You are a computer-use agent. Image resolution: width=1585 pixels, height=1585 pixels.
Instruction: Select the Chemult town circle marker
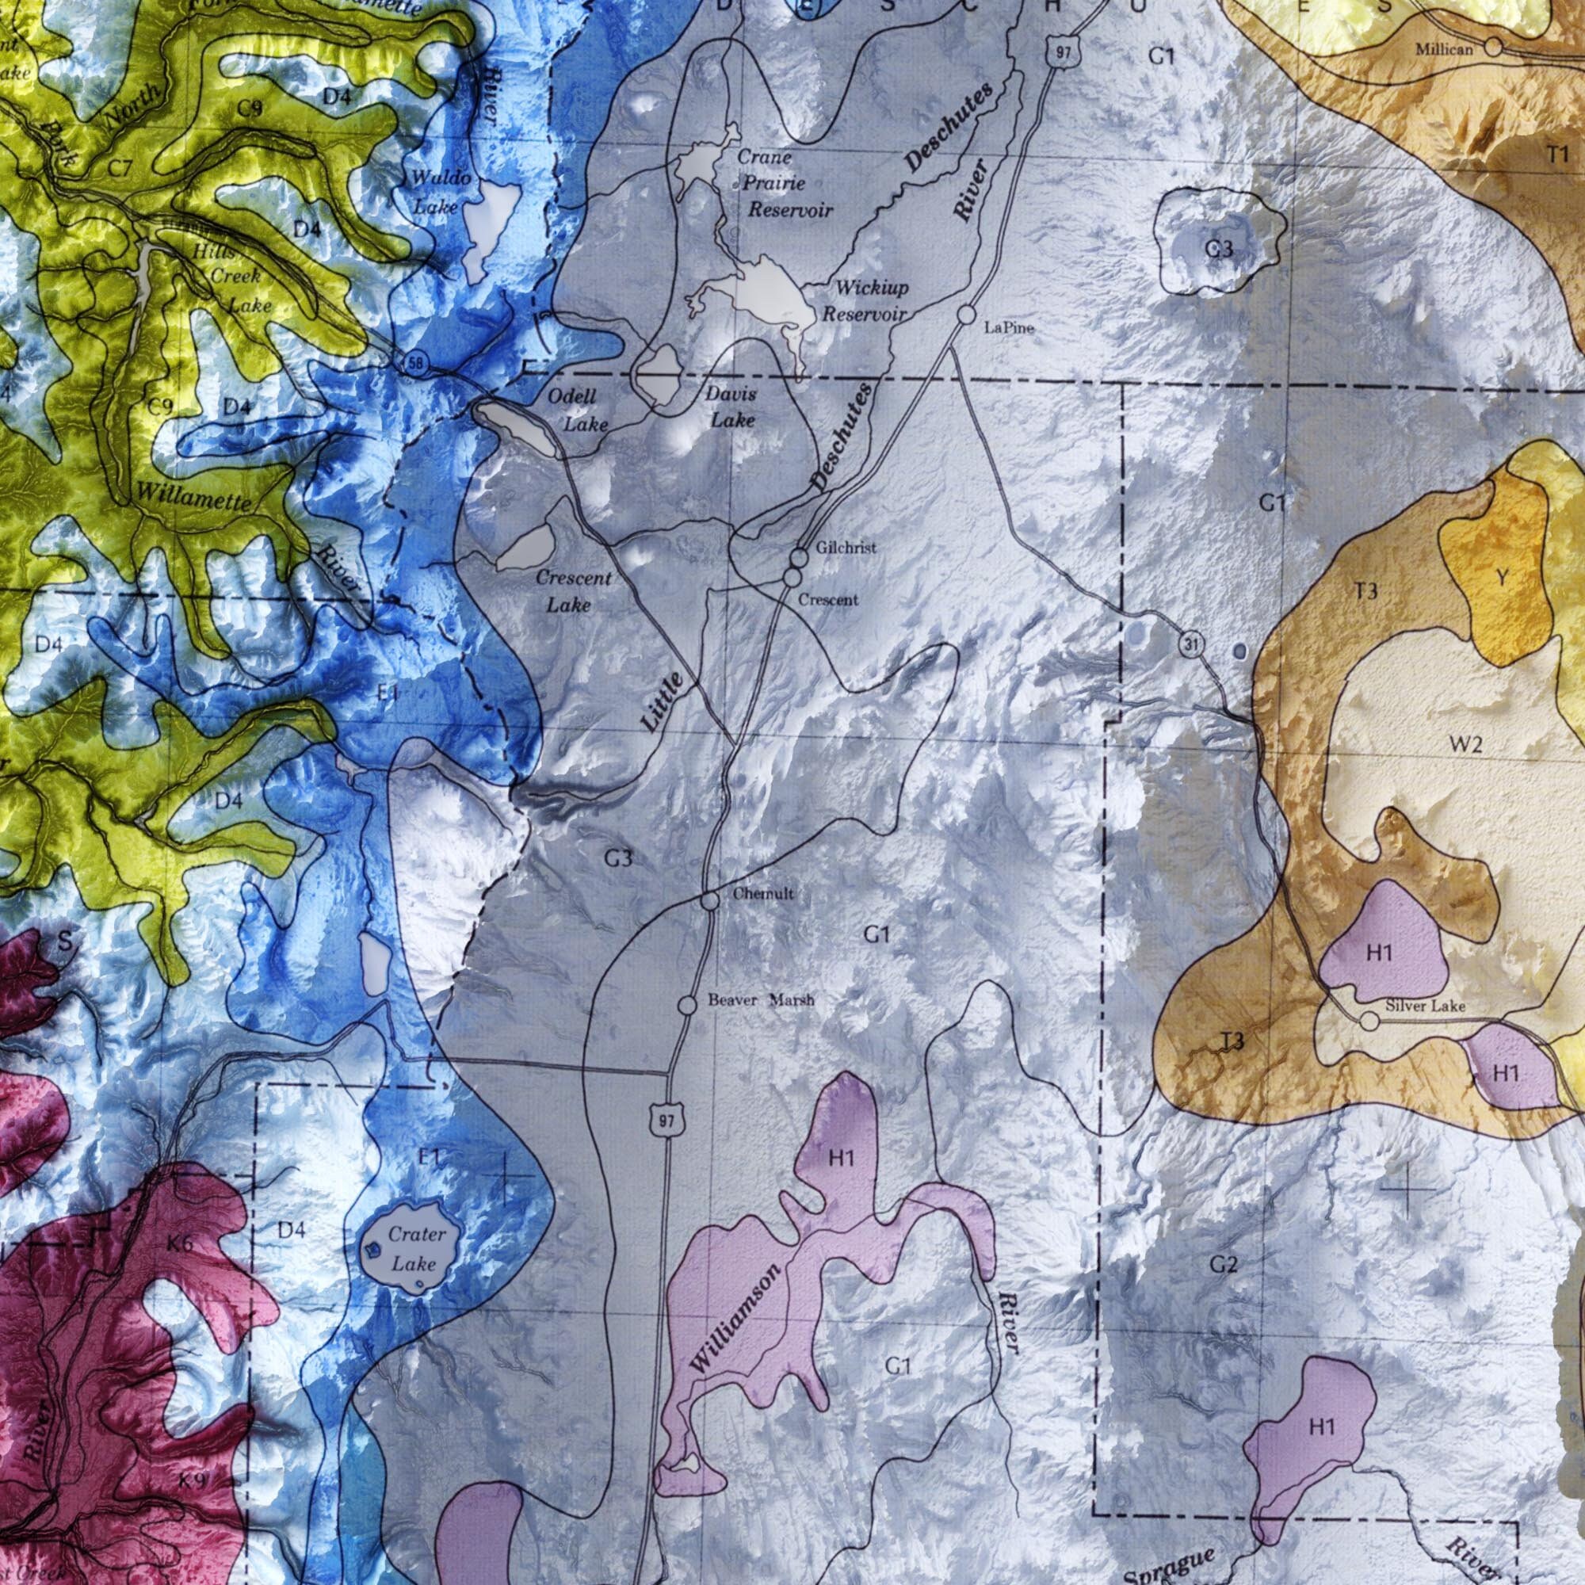710,901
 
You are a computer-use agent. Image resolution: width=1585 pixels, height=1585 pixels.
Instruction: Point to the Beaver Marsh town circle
687,1004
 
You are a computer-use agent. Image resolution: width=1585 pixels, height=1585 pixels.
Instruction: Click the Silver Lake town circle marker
1369,1022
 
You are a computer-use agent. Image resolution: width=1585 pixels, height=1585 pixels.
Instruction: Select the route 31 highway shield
1192,645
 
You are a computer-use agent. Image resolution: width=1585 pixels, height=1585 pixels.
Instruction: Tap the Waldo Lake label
438,192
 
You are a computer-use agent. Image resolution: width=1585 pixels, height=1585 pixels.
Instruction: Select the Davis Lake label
731,407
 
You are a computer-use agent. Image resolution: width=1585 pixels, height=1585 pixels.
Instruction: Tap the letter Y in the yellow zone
1501,579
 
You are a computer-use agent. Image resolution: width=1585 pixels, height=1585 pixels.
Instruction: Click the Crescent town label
828,600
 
